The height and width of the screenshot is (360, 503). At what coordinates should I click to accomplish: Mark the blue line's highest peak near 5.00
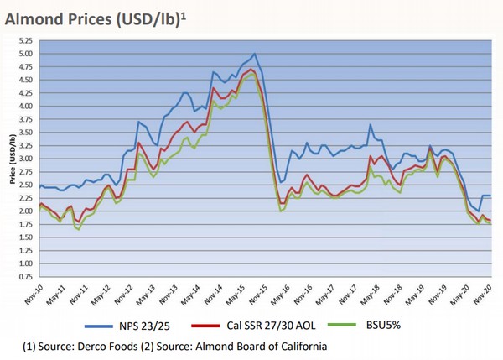click(254, 54)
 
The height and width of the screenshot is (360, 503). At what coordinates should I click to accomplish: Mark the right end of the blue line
click(490, 196)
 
